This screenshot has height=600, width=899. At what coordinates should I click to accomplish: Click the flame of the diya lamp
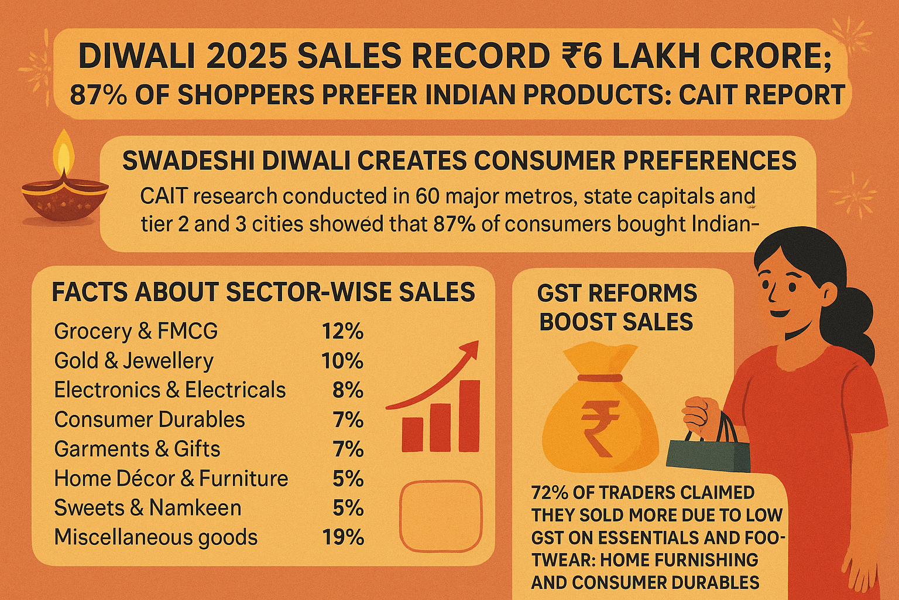pyautogui.click(x=64, y=154)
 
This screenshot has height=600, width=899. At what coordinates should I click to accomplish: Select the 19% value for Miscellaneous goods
pyautogui.click(x=343, y=537)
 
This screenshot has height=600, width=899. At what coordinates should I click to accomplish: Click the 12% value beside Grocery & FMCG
pyautogui.click(x=342, y=332)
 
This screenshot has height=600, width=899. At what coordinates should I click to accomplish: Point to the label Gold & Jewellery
pyautogui.click(x=133, y=361)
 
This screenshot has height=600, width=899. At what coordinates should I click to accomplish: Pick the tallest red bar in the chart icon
pyautogui.click(x=469, y=415)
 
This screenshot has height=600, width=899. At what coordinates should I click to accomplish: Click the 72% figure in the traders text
pyautogui.click(x=549, y=493)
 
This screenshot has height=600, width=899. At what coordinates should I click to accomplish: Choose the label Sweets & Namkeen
pyautogui.click(x=147, y=508)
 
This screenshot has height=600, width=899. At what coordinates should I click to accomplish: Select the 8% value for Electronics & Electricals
pyautogui.click(x=348, y=391)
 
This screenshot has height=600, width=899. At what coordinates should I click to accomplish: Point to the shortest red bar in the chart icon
pyautogui.click(x=413, y=434)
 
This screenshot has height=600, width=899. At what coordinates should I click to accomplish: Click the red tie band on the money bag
pyautogui.click(x=599, y=378)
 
